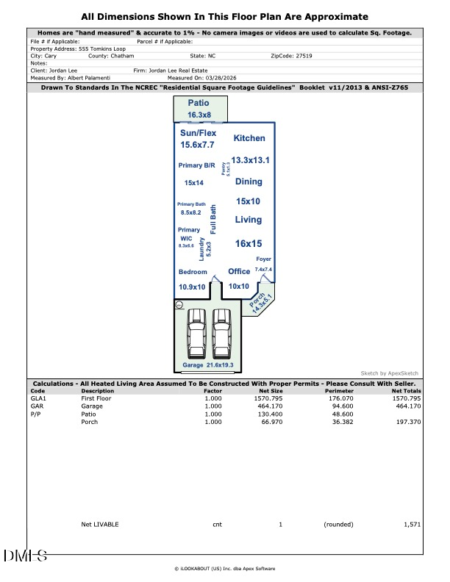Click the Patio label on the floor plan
pyautogui.click(x=199, y=104)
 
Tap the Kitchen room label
pyautogui.click(x=249, y=138)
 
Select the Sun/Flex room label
pyautogui.click(x=199, y=132)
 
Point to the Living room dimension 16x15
pyautogui.click(x=249, y=243)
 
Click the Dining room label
pyautogui.click(x=249, y=182)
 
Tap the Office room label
pyautogui.click(x=239, y=272)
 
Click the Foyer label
pyautogui.click(x=263, y=259)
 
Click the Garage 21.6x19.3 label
pyautogui.click(x=213, y=365)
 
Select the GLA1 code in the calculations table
pyautogui.click(x=37, y=398)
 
